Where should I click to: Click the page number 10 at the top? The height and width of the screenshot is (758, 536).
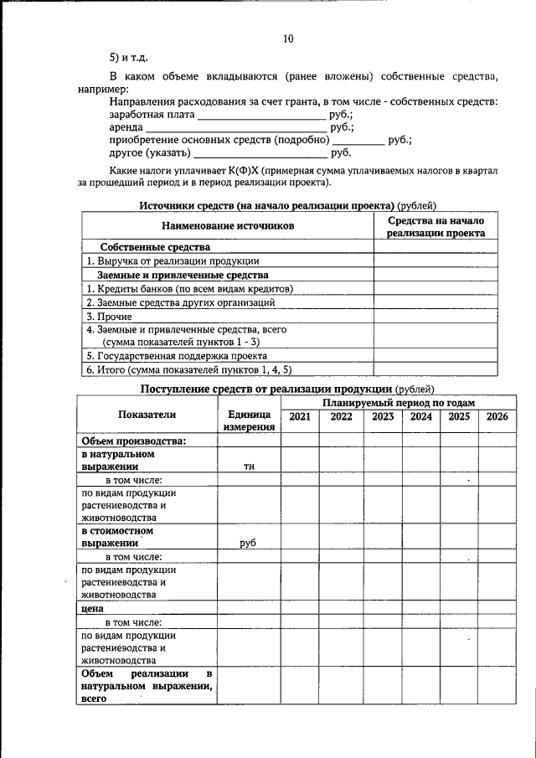pos(288,39)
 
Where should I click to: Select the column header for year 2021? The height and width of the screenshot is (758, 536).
pos(299,416)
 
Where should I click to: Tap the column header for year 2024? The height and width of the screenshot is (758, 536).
pos(421,416)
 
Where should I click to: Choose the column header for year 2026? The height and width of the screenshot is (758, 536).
pos(497,416)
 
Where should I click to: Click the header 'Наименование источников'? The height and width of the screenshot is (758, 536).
pos(228,226)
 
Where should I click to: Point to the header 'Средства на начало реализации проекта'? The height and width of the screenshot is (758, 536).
pos(435,227)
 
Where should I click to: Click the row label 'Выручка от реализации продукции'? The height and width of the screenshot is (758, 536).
pos(174,261)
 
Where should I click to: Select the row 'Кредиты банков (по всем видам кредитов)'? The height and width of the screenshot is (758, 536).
pos(190,288)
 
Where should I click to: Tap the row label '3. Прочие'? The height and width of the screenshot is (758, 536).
pos(105,317)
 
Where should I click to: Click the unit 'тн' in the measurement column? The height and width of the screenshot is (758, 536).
pos(249,467)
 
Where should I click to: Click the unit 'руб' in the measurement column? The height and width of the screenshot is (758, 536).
pos(248,543)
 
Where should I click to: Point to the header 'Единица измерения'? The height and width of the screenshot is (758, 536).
pos(249,421)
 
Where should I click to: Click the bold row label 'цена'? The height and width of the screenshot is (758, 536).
pos(92,609)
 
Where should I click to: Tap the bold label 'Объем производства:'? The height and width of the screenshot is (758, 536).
pos(132,441)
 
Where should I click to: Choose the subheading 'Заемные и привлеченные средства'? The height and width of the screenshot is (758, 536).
pos(183,275)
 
